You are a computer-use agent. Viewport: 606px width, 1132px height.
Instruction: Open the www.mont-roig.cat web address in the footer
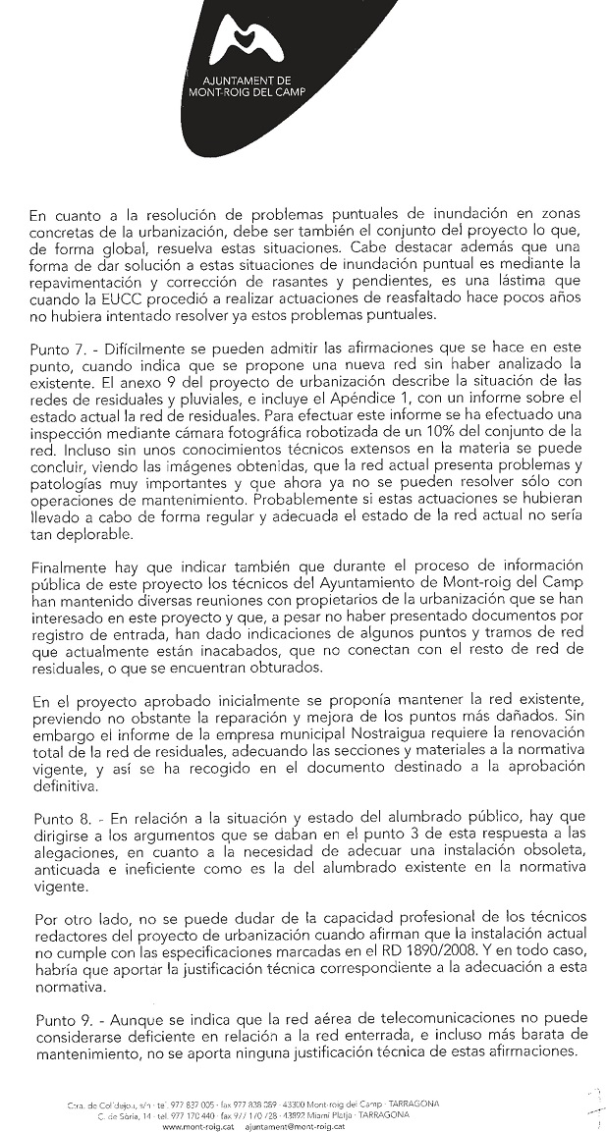pyautogui.click(x=191, y=1127)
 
